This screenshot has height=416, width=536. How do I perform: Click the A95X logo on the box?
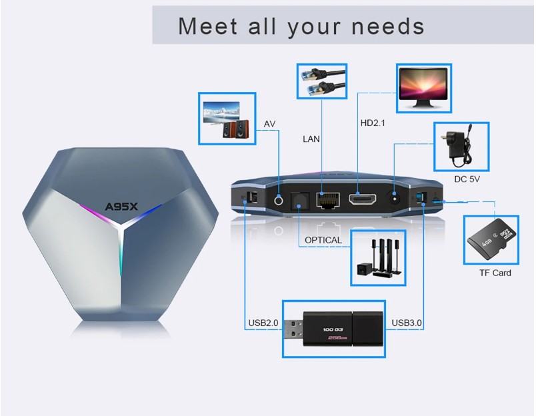tap(121, 207)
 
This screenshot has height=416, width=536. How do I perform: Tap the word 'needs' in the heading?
tap(388, 26)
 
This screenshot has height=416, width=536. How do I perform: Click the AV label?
tap(269, 124)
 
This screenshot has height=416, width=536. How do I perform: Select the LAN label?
tap(311, 139)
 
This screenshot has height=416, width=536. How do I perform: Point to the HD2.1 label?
tap(373, 123)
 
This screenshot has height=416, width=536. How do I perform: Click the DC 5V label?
tap(467, 179)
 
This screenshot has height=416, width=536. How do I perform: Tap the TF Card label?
tap(495, 273)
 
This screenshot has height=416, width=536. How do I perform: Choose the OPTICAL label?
tap(323, 240)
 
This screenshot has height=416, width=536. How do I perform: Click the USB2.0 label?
tap(263, 323)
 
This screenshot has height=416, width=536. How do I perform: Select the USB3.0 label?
tap(407, 323)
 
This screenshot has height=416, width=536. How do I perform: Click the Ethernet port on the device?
tap(328, 200)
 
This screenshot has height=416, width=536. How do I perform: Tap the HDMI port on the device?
tap(363, 199)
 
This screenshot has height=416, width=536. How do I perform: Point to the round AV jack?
tap(279, 200)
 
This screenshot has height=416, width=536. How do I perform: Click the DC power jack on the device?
tap(395, 198)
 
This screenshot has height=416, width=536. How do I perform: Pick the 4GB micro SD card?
tap(491, 239)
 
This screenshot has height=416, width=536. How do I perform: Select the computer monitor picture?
tap(423, 87)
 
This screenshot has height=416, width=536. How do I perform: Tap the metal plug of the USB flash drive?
tap(293, 329)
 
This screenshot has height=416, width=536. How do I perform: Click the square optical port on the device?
tap(300, 201)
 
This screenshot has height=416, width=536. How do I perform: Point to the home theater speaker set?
tap(379, 257)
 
